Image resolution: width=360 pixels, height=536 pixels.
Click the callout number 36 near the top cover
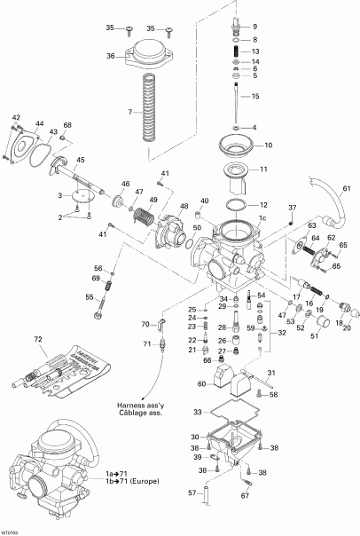(111, 57)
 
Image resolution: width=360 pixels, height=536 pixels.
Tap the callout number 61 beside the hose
(347, 188)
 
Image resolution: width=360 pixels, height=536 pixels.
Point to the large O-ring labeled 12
(237, 206)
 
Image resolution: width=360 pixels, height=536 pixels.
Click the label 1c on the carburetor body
(262, 217)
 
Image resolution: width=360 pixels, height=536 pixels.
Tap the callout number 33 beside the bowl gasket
(196, 413)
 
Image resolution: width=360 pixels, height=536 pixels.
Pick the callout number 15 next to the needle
(255, 96)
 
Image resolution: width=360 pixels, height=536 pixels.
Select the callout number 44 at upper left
(39, 124)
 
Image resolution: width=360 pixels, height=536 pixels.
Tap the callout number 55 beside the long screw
(90, 297)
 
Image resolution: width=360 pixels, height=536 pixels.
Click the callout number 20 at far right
(347, 327)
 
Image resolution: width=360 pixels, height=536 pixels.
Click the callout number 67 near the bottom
(245, 496)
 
